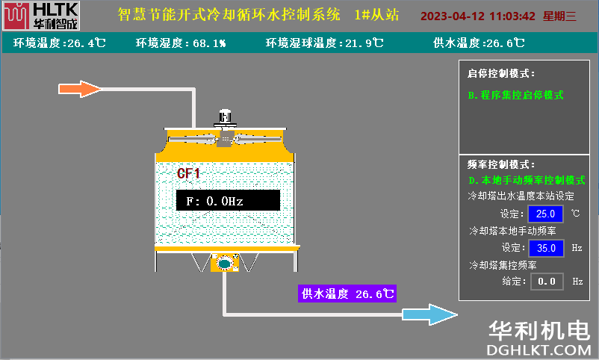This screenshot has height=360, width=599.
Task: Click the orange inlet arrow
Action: click(80, 89)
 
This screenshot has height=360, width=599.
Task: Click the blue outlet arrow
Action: click(429, 314)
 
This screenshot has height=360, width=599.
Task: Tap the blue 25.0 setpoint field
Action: click(545, 214)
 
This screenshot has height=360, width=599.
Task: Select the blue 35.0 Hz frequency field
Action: click(546, 249)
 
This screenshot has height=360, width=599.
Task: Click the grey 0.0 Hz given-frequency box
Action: click(547, 282)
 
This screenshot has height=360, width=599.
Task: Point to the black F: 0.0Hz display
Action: click(228, 200)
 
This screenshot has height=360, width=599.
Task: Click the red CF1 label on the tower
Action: click(188, 173)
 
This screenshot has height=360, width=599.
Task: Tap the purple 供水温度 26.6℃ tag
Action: click(347, 294)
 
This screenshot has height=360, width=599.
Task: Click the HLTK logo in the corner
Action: click(41, 16)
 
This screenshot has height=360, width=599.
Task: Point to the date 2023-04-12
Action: click(453, 16)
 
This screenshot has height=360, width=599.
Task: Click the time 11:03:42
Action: click(512, 16)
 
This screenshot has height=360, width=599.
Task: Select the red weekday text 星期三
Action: click(559, 16)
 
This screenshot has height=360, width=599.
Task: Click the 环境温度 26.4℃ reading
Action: click(60, 43)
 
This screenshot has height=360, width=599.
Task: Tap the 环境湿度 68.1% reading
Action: click(181, 43)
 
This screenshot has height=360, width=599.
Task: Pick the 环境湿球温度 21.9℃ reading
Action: click(324, 43)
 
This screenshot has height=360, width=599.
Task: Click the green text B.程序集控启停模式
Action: click(515, 95)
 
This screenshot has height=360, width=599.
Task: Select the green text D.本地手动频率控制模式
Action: click(527, 180)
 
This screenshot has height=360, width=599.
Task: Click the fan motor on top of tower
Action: click(225, 118)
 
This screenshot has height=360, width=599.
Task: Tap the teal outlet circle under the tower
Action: click(225, 263)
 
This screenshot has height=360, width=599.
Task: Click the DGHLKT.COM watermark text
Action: click(539, 350)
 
